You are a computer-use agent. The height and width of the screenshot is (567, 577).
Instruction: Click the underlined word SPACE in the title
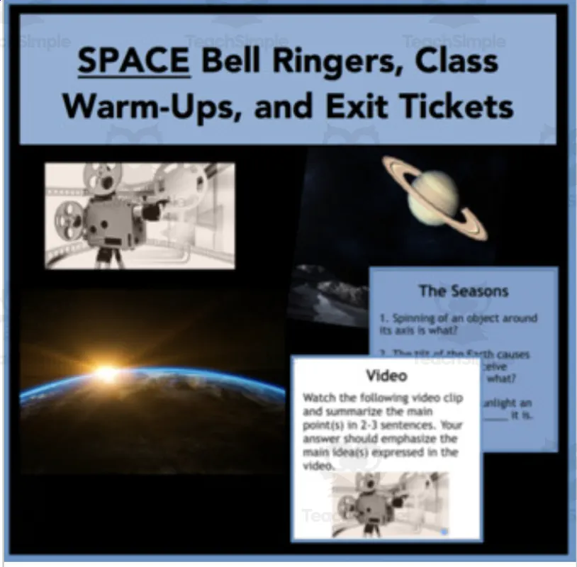(x=133, y=62)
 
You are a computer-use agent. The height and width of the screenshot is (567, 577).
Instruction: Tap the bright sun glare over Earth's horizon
(x=106, y=372)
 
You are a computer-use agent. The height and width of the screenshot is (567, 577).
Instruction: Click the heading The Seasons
(x=464, y=291)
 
